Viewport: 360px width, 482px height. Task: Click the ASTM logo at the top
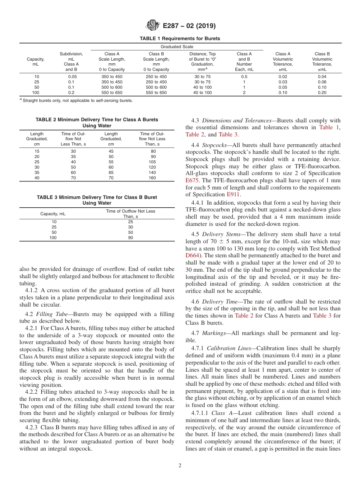click(x=153, y=26)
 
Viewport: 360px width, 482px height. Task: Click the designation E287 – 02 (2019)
click(x=189, y=26)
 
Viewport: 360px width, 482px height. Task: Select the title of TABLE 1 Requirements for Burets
click(x=180, y=39)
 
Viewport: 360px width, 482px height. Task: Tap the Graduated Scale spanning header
click(x=177, y=47)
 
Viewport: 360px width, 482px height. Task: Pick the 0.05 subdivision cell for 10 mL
click(x=71, y=77)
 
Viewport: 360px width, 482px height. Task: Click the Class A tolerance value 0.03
click(x=283, y=82)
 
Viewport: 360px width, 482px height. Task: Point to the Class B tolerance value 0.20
click(x=322, y=92)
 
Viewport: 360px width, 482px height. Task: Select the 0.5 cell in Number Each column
click(x=244, y=77)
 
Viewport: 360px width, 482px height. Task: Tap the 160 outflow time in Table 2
click(x=152, y=178)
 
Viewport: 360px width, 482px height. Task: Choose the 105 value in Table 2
click(x=152, y=162)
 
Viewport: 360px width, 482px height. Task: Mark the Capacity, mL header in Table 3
click(x=53, y=214)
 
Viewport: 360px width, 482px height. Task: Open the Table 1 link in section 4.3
click(x=329, y=127)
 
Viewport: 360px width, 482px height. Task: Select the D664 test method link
click(x=192, y=255)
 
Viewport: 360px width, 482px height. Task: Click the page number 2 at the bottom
click(x=180, y=466)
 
